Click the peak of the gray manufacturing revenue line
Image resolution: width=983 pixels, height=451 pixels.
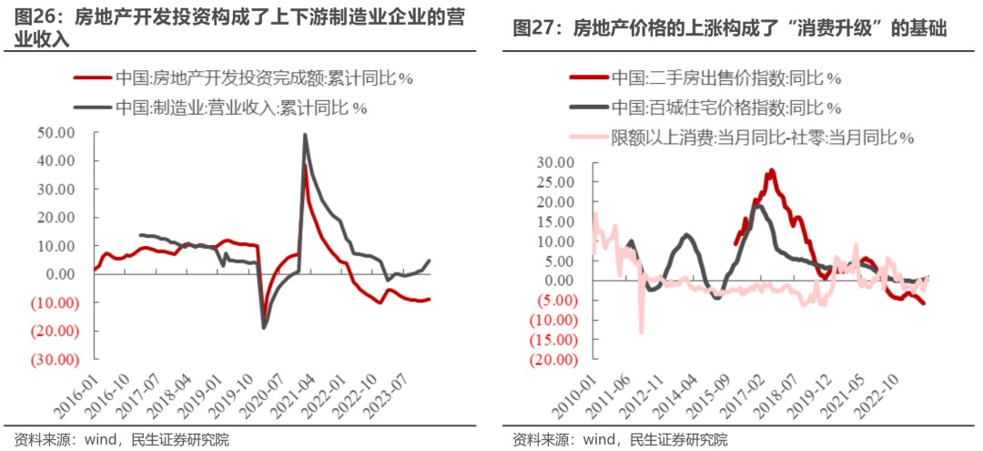304,135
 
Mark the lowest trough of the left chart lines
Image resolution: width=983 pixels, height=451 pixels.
264,327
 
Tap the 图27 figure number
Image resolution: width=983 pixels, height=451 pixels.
535,29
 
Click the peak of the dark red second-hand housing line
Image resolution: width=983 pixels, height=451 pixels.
771,170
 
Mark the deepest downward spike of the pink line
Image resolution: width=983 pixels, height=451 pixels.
641,332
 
